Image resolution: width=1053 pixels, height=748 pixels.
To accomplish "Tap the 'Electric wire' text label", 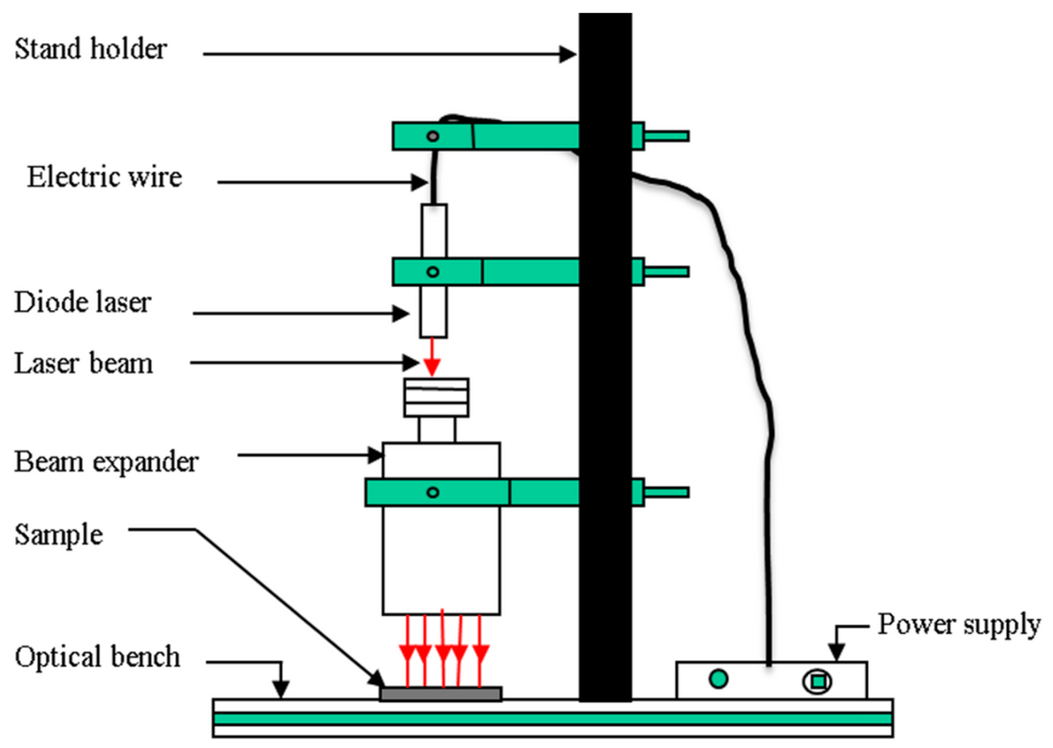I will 105,177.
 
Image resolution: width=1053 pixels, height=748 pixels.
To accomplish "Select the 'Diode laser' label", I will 83,303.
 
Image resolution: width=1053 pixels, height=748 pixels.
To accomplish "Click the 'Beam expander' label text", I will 106,462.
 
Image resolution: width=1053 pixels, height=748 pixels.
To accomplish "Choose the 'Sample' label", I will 58,535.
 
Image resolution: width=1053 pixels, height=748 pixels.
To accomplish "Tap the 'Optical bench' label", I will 97,657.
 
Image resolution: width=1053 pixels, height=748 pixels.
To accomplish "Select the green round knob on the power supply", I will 718,679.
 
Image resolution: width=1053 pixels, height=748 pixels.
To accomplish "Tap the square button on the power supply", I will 817,681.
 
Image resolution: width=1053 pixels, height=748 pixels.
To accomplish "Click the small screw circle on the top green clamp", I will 433,136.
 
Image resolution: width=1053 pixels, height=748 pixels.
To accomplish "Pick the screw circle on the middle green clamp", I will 433,272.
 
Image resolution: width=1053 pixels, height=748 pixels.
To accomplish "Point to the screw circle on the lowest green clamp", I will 433,492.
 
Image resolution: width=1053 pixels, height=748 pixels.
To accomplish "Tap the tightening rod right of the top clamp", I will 666,136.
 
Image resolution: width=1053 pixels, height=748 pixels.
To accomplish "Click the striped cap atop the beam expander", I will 436,397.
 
